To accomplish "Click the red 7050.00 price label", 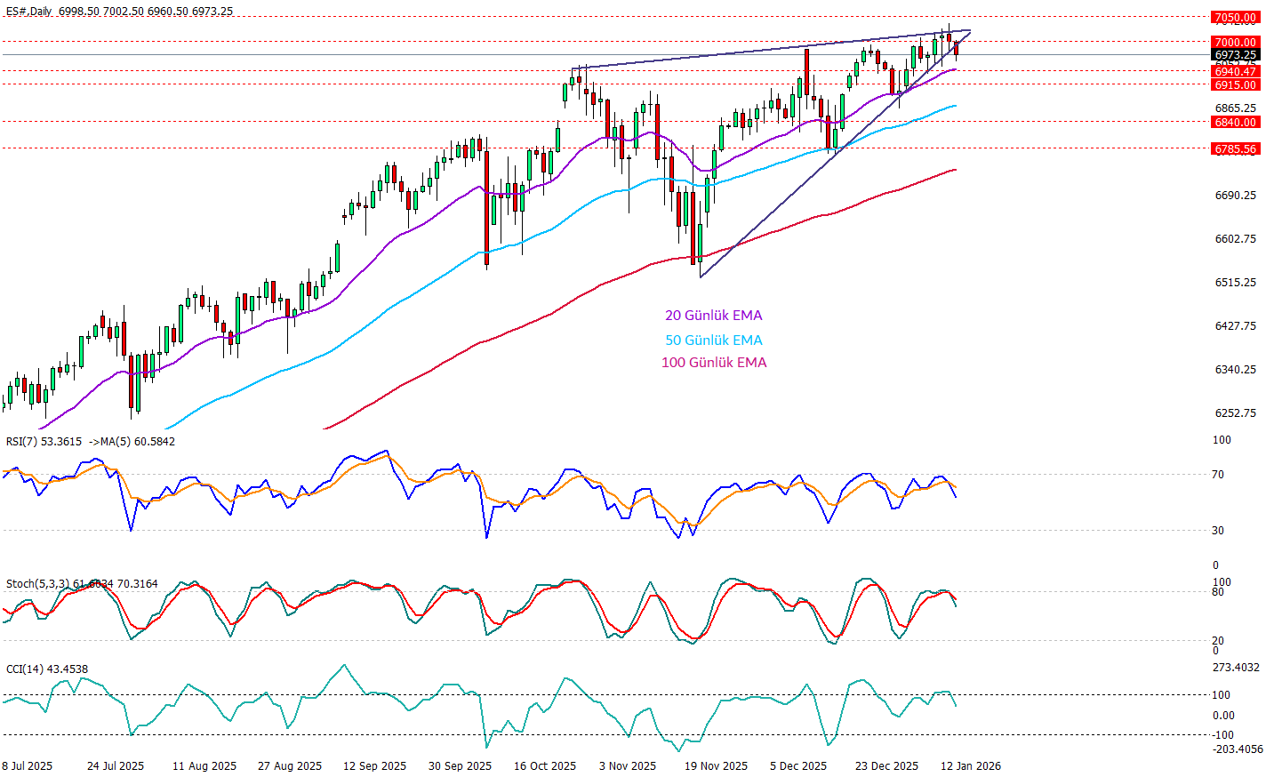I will [x=1236, y=17].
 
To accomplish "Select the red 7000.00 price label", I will [x=1236, y=42].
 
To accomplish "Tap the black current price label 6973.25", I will [x=1236, y=55].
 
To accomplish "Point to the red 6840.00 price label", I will [x=1236, y=122].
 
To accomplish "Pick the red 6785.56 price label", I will [x=1236, y=148].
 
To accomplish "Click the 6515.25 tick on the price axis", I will [x=1236, y=283].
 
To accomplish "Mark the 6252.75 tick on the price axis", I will [x=1236, y=413].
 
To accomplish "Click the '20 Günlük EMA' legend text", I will [x=713, y=316].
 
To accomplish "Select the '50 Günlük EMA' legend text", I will [x=713, y=340].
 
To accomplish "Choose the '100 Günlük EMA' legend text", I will [x=713, y=363].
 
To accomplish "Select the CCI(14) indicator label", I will [x=22, y=669].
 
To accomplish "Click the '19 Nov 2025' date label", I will [x=716, y=766].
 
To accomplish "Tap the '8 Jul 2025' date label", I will [x=27, y=766].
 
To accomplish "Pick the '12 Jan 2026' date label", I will [x=971, y=766].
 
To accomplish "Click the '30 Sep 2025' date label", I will [x=460, y=766].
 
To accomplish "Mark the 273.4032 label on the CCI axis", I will [x=1236, y=668].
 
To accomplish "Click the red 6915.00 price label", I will [x=1236, y=84].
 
